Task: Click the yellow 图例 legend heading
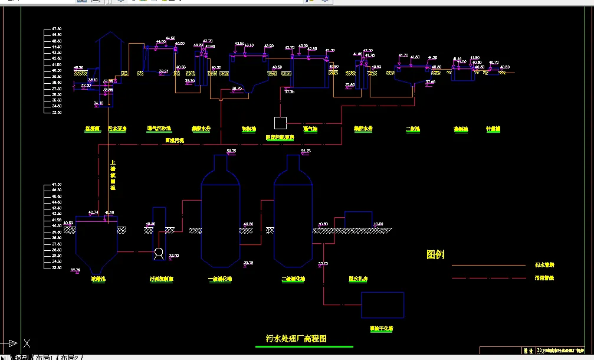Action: [x=435, y=255]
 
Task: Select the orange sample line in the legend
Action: [x=488, y=266]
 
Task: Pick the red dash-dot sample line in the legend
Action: [x=488, y=278]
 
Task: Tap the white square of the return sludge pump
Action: [x=280, y=123]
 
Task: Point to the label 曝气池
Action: [x=310, y=129]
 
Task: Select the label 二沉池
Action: [x=412, y=129]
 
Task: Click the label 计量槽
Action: [x=493, y=129]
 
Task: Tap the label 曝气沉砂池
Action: [x=159, y=129]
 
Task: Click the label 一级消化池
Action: [x=219, y=279]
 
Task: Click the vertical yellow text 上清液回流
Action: [x=113, y=175]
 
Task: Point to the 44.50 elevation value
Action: [x=170, y=38]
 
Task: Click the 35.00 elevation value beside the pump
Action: [x=174, y=256]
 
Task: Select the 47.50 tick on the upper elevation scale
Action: [x=57, y=29]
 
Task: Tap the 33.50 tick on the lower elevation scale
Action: [x=57, y=268]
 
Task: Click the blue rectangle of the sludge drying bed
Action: [x=382, y=305]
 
